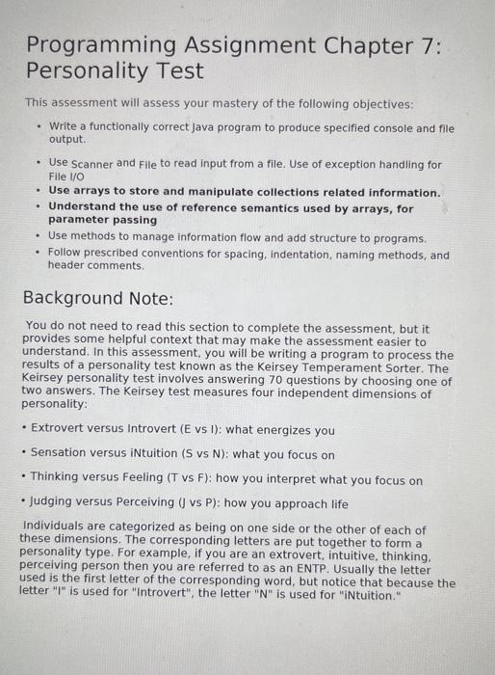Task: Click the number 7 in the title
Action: (x=424, y=46)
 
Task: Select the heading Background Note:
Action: (x=98, y=298)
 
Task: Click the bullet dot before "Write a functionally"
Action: (x=37, y=126)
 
